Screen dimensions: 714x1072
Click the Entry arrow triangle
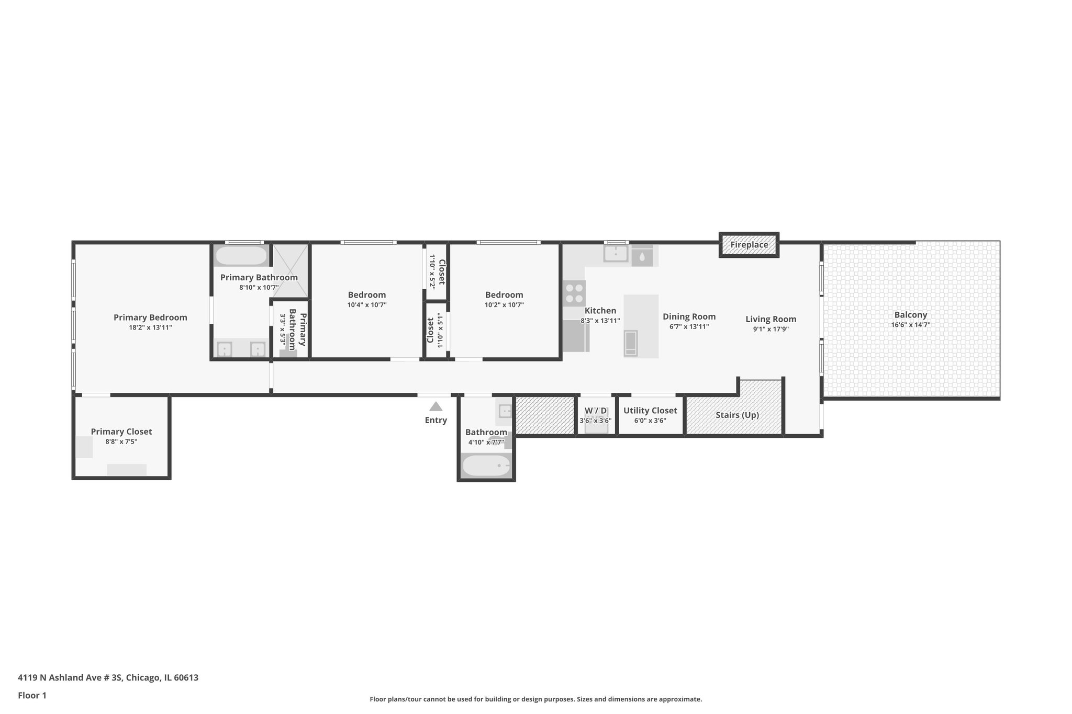coord(435,406)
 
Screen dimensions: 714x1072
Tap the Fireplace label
coord(749,245)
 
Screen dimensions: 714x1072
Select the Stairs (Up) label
coord(737,415)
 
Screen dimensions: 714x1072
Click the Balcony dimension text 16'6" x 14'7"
coord(910,325)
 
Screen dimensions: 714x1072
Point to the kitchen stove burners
coord(574,293)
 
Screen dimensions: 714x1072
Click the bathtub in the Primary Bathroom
coord(241,256)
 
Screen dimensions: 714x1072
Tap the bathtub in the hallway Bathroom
coord(486,465)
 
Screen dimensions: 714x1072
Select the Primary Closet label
coord(121,432)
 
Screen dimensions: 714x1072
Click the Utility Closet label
coord(650,411)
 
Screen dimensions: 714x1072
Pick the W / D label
coord(596,411)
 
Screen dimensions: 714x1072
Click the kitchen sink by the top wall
coord(616,254)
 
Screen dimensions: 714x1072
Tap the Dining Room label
coord(689,316)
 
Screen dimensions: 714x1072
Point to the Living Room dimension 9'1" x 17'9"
coord(770,329)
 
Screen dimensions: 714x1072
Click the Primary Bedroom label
coord(150,318)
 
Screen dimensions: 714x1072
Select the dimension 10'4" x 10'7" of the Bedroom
coord(366,305)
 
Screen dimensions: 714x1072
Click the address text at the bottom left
coord(108,678)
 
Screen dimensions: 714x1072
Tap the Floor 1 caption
coord(32,695)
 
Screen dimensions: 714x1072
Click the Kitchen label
coord(600,311)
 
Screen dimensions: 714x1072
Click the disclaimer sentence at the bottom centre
coord(535,699)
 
